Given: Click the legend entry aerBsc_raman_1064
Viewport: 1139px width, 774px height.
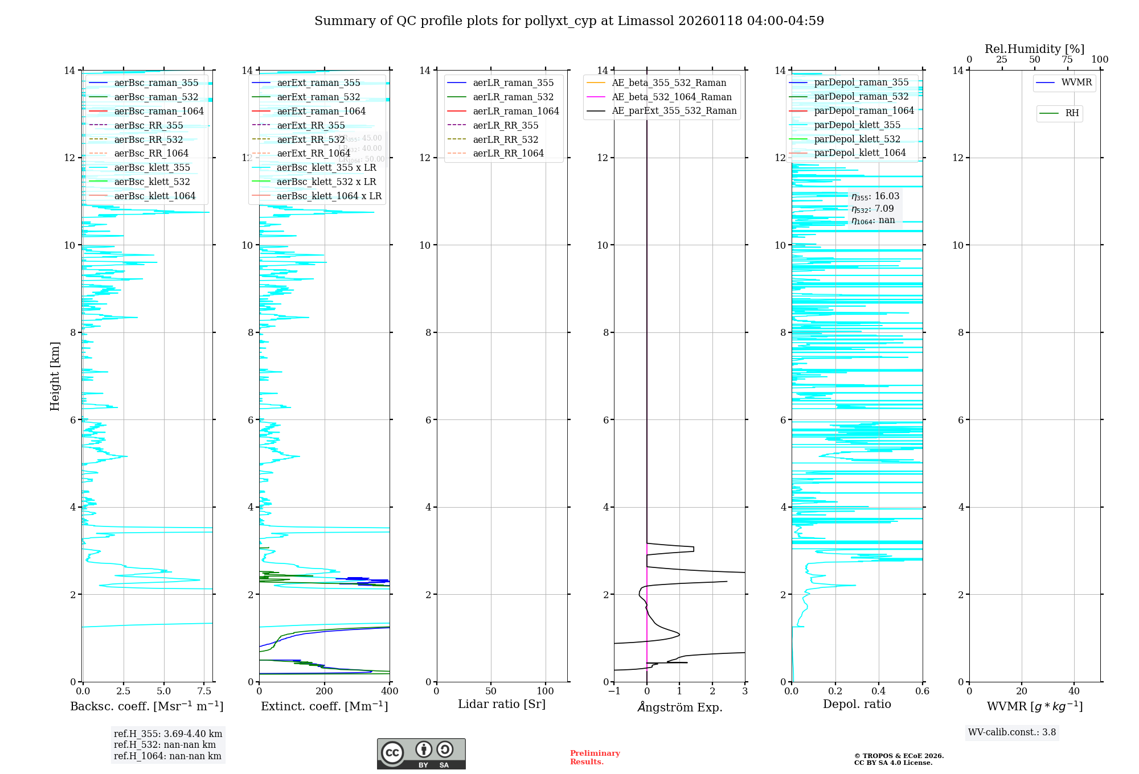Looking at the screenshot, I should click(x=158, y=111).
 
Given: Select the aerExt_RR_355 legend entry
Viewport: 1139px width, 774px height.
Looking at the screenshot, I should click(x=310, y=125).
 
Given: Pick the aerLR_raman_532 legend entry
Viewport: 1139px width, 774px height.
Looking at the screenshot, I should click(x=513, y=97).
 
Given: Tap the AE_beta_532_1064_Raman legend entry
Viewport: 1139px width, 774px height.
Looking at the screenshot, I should click(x=671, y=97).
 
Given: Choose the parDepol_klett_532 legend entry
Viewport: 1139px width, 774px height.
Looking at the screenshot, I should click(x=857, y=139).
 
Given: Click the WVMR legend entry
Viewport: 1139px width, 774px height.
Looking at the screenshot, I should click(x=1076, y=83).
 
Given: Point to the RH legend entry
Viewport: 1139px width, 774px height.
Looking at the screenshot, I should click(x=1072, y=113).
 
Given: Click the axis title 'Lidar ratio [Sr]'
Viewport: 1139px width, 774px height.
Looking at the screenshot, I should click(x=502, y=704).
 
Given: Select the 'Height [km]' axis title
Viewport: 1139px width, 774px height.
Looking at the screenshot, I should click(x=55, y=376).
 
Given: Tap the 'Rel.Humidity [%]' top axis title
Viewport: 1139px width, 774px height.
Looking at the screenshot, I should click(x=1034, y=49).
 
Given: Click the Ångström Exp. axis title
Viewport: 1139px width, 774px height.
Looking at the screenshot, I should click(x=679, y=707).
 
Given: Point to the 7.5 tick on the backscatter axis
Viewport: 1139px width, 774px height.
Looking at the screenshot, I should click(x=204, y=691).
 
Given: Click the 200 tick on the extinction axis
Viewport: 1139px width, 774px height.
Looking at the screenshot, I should click(x=325, y=691).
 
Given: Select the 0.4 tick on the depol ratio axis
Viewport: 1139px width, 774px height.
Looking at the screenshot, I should click(x=879, y=691).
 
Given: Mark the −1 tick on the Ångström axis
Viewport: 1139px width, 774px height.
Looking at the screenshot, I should click(x=614, y=691).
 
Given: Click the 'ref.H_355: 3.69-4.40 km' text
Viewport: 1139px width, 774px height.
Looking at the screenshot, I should click(x=168, y=734).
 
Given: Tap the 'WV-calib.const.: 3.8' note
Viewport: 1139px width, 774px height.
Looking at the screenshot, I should click(x=1011, y=732).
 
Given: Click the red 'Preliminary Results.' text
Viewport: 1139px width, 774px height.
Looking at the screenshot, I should click(x=595, y=757).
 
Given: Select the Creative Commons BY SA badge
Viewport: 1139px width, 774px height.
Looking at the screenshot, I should click(x=421, y=754).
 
